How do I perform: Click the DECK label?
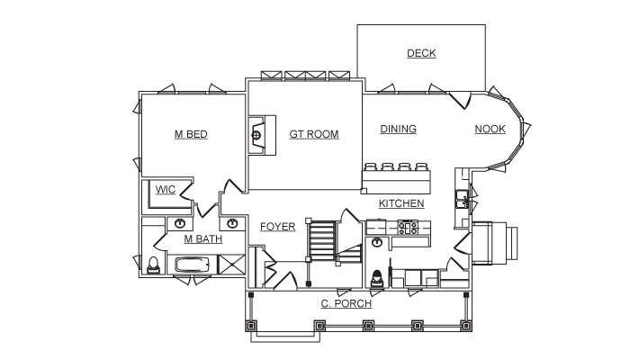pos(421,53)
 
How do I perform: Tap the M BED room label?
pos(191,134)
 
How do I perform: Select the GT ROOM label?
pos(314,134)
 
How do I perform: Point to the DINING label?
pos(398,129)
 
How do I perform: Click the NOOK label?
pos(490,129)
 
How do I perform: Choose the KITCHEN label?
pos(401,203)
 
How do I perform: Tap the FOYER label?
pos(277,227)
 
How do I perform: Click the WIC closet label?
pos(165,190)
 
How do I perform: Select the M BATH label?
pos(202,239)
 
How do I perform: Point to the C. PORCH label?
pos(346,303)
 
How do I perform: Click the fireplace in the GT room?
pos(262,135)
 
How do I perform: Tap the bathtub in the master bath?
pos(192,265)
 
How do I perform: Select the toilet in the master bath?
pos(153,265)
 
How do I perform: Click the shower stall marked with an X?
pos(231,265)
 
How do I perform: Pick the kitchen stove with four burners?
pos(408,228)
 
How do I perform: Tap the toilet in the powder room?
pos(377,278)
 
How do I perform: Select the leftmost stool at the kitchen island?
pos(370,166)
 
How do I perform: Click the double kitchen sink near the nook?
pos(462,199)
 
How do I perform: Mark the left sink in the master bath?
pos(180,223)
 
